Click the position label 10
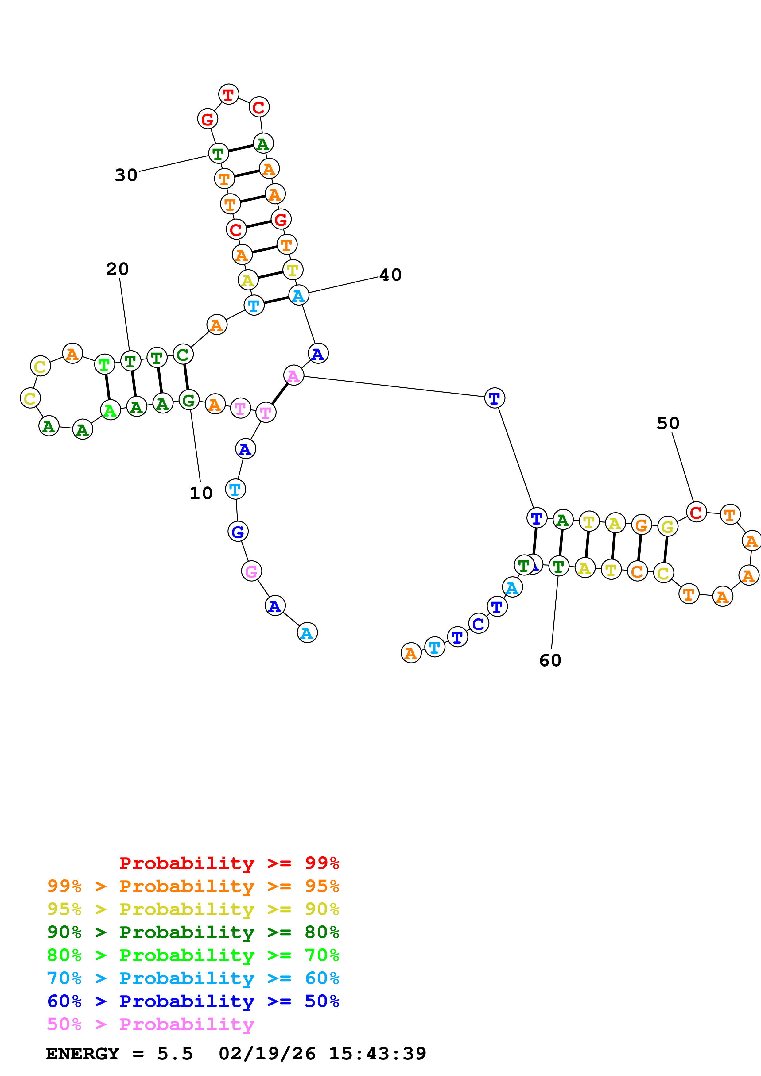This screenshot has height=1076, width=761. coord(201,493)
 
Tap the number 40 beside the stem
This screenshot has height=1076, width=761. coord(390,275)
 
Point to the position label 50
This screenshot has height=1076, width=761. coord(668,424)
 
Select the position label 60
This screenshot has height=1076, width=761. coord(550,660)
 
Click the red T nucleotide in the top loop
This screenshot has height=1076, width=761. coord(228,95)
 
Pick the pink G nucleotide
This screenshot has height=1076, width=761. coord(251,571)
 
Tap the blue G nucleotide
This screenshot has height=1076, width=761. coord(238,532)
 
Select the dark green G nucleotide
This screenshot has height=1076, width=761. coord(188,400)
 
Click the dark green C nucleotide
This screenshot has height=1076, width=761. coord(183,355)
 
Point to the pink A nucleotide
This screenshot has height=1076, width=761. coord(293,375)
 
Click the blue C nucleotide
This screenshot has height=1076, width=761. coord(478,624)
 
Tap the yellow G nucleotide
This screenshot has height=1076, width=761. coord(667,527)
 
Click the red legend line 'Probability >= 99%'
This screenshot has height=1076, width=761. coord(229,863)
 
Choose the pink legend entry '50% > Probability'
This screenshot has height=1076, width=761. coord(150,1024)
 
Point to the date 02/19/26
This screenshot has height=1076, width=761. coord(267,1054)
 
